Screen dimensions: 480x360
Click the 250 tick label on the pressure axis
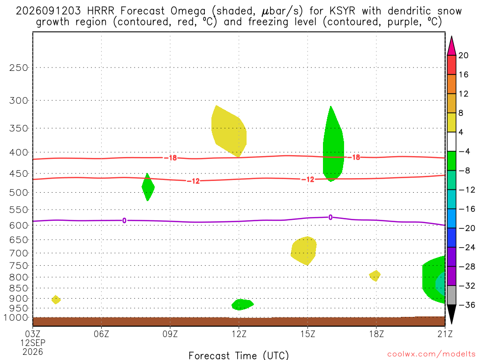coord(19,67)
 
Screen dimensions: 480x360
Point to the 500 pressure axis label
coord(19,193)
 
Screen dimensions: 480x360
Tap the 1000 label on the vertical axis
coord(16,318)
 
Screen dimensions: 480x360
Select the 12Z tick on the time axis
coord(239,334)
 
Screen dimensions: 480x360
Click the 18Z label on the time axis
coord(376,334)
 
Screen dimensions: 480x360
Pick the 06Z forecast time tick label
coord(101,334)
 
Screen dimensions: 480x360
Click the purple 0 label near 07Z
coord(124,221)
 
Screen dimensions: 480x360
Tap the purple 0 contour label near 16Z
coord(330,217)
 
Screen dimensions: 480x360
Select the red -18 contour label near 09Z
coord(171,158)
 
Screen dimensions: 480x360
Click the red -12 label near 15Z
coord(308,180)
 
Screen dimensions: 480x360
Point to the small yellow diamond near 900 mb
coord(56,300)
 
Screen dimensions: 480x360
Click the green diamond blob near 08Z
coord(148,187)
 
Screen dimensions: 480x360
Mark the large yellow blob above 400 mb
coord(229,131)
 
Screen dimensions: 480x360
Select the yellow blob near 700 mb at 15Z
coord(304,251)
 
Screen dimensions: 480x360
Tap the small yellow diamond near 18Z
coord(375,276)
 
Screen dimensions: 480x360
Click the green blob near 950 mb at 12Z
coord(242,305)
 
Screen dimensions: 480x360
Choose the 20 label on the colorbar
coord(464,55)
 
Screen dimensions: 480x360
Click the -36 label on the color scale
coord(467,305)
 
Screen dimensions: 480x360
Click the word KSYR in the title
coord(343,11)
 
